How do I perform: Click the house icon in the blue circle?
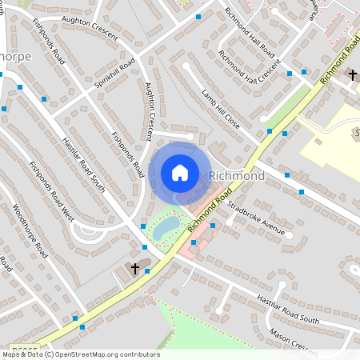click(179, 173)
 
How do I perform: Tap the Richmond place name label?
click(236, 175)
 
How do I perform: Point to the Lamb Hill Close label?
click(220, 109)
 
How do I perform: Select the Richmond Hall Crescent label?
click(250, 71)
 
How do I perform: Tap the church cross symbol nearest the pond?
click(135, 269)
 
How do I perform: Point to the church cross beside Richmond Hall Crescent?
click(351, 75)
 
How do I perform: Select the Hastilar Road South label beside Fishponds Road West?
click(84, 165)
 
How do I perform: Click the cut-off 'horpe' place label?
click(15, 58)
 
